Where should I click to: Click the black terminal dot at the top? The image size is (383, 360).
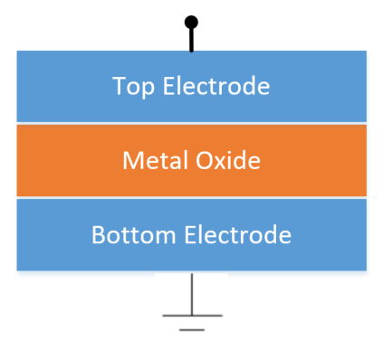pos(191,22)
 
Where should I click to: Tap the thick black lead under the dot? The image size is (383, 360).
pos(191,40)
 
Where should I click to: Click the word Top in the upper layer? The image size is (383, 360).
pos(133,87)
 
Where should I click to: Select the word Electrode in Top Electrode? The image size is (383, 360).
pos(216,86)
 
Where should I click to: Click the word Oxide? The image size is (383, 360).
pos(228,160)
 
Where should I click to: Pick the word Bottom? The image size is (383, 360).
pos(134,234)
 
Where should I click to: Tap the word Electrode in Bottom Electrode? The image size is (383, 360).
pos(238,234)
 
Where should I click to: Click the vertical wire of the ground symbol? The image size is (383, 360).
pos(192,294)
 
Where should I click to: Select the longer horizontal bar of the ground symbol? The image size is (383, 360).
pos(192,316)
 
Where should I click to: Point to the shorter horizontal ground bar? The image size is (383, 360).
pos(192,330)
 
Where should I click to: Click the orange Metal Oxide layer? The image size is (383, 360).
pos(192,160)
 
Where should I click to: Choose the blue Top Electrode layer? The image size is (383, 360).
pos(192,86)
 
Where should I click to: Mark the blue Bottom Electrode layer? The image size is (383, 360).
pos(192,234)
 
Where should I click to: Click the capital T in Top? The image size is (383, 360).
pos(119,86)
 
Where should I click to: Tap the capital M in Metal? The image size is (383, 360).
pos(132,160)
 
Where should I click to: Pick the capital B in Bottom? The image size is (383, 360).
pos(99,234)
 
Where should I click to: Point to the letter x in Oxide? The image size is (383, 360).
pos(222,163)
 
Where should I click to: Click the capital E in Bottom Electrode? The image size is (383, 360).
pos(190,234)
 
